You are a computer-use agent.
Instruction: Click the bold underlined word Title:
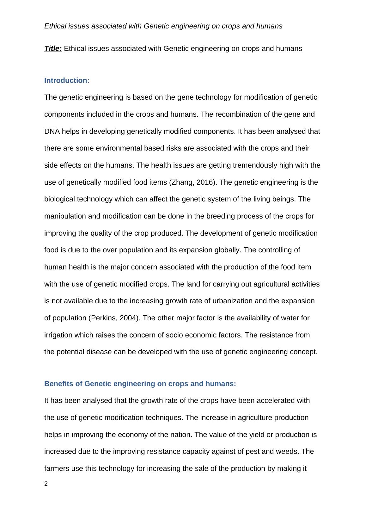coord(53,49)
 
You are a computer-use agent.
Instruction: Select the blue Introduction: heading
coord(67,81)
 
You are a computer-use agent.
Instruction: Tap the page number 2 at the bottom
coord(46,484)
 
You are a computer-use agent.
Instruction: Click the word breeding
coord(220,216)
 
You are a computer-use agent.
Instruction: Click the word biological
coord(59,199)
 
